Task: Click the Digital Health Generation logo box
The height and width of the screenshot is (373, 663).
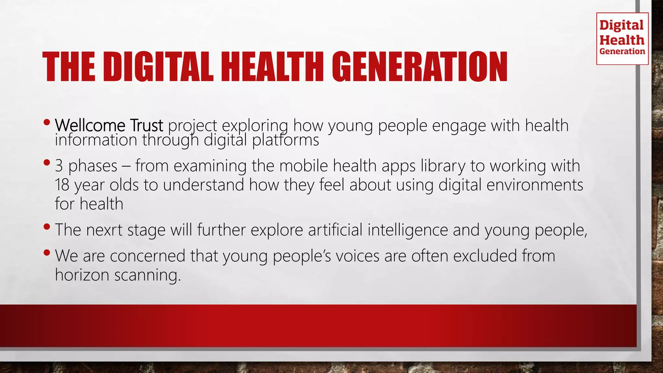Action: click(x=622, y=39)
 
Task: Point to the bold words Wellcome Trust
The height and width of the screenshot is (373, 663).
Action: click(x=109, y=126)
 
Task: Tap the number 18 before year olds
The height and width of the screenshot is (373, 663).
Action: click(x=62, y=185)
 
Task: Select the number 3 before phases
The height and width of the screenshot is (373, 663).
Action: click(x=59, y=166)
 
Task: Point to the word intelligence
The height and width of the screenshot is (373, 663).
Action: click(x=408, y=230)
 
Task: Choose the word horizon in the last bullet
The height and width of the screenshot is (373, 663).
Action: click(x=82, y=275)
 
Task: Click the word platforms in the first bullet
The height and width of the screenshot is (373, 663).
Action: click(x=286, y=141)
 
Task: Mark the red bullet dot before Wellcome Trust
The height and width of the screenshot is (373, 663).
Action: click(x=47, y=122)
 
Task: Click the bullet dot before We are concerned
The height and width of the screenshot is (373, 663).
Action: click(x=47, y=252)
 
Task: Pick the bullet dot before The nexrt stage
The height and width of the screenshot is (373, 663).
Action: click(x=47, y=226)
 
